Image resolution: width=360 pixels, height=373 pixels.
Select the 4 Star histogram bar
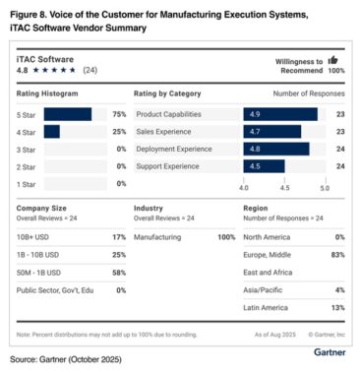pyautogui.click(x=51, y=132)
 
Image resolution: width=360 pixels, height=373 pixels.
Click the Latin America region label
pyautogui.click(x=266, y=307)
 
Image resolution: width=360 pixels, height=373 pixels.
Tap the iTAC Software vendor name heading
pyautogui.click(x=42, y=59)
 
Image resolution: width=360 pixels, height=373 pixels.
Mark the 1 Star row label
pyautogui.click(x=27, y=184)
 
